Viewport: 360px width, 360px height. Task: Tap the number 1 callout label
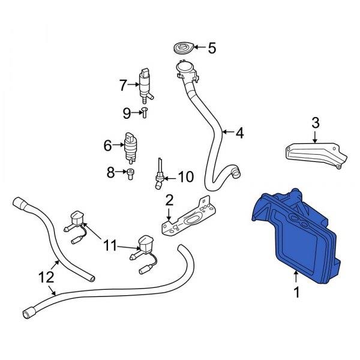(x=296, y=292)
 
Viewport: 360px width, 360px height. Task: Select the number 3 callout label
(x=316, y=122)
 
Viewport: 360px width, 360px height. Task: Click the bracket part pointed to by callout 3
(x=316, y=154)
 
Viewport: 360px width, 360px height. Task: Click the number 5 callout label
(x=212, y=48)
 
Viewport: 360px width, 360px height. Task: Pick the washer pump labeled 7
(x=145, y=85)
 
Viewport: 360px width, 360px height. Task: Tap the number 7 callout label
(x=123, y=85)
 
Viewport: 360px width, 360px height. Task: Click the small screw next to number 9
(x=145, y=113)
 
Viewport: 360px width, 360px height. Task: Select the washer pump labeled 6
(x=131, y=148)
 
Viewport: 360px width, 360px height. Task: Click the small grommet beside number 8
(x=130, y=174)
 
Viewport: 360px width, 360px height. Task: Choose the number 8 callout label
(x=110, y=172)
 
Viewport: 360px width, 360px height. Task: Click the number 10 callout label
(x=186, y=177)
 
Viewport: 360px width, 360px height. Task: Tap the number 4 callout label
(x=239, y=133)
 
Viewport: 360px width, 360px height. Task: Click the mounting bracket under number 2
(x=189, y=217)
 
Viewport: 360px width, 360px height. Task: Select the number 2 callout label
(x=169, y=200)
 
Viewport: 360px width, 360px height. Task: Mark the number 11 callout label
(x=110, y=245)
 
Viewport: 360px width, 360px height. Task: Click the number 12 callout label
(x=46, y=277)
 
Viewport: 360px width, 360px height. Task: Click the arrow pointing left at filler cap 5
(x=200, y=47)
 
